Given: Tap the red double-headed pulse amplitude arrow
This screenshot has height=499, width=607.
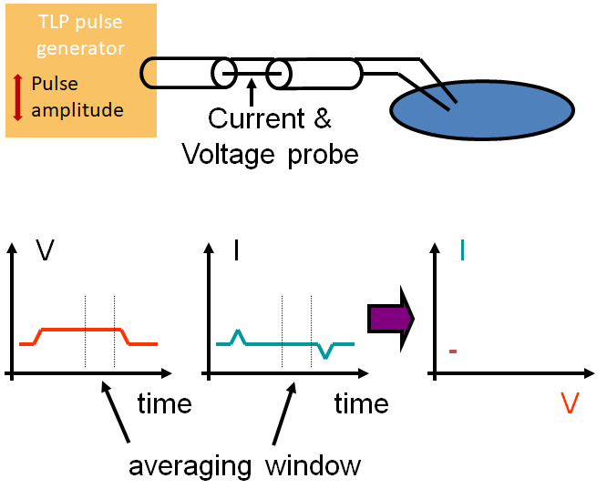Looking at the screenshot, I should tap(17, 97).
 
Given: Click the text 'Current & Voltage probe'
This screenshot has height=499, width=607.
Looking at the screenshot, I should tap(270, 136).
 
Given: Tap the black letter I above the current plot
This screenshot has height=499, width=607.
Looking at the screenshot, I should tap(236, 252).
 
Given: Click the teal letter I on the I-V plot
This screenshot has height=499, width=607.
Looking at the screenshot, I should tap(463, 249).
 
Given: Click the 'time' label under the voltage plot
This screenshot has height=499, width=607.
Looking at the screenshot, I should tap(165, 402).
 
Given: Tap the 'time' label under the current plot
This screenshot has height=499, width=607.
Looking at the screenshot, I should tap(362, 402).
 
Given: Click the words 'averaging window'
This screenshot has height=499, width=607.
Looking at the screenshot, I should tap(244, 465).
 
